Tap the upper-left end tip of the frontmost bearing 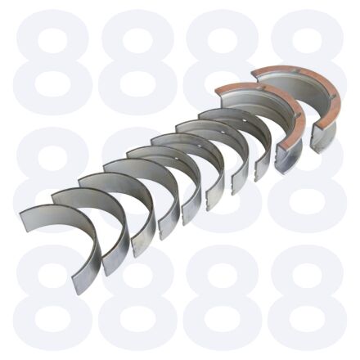[21, 214]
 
